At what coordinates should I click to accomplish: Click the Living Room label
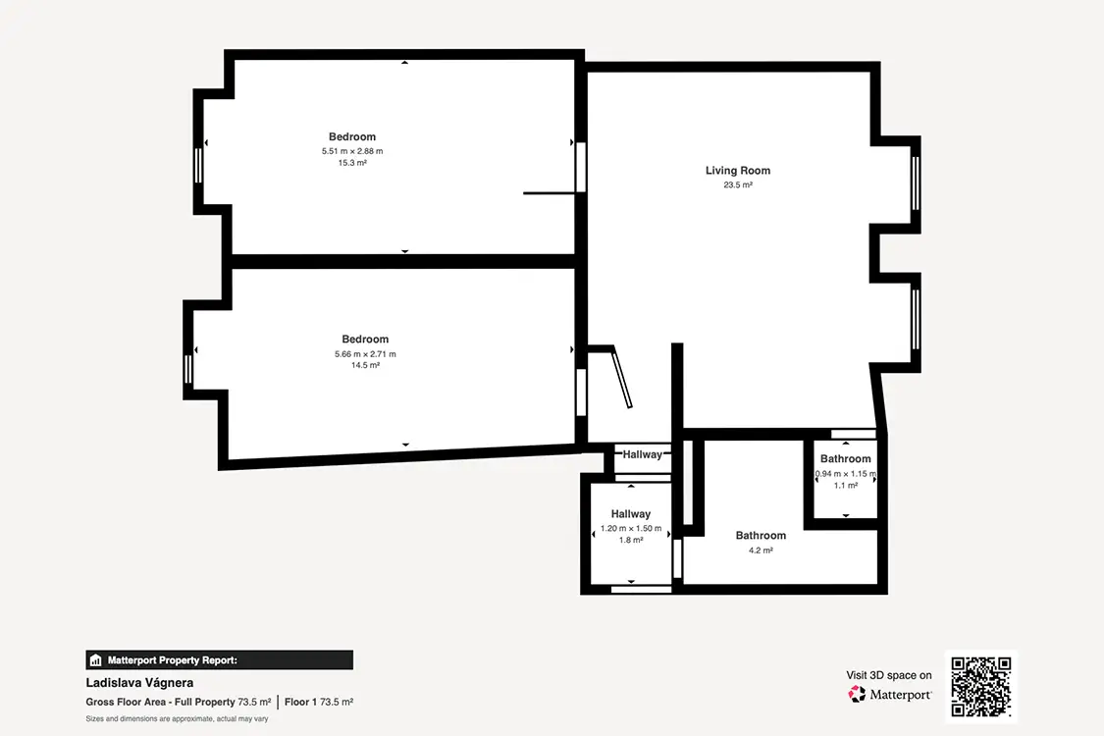pyautogui.click(x=738, y=171)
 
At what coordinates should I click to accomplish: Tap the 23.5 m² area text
pyautogui.click(x=738, y=185)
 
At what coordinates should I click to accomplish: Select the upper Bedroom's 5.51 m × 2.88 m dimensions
pyautogui.click(x=352, y=151)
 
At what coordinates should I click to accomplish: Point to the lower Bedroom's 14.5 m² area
pyautogui.click(x=365, y=365)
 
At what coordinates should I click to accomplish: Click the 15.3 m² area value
pyautogui.click(x=352, y=163)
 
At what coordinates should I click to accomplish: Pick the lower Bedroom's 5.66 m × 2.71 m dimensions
pyautogui.click(x=365, y=354)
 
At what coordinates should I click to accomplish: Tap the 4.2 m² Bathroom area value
pyautogui.click(x=761, y=551)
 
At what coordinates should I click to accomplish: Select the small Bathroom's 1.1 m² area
pyautogui.click(x=846, y=485)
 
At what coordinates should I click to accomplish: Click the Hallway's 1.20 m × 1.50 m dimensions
pyautogui.click(x=631, y=528)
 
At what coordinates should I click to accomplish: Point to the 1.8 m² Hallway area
pyautogui.click(x=631, y=540)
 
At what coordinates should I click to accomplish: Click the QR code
pyautogui.click(x=980, y=687)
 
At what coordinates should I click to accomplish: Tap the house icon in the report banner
pyautogui.click(x=96, y=659)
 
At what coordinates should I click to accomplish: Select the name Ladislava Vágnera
pyautogui.click(x=139, y=682)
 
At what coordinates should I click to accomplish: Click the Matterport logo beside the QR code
pyautogui.click(x=890, y=695)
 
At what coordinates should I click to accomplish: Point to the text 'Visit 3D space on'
pyautogui.click(x=888, y=675)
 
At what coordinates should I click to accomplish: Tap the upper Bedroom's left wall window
pyautogui.click(x=198, y=166)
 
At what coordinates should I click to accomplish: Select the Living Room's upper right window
pyautogui.click(x=916, y=184)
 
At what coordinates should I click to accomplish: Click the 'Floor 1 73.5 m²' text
pyautogui.click(x=319, y=703)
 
